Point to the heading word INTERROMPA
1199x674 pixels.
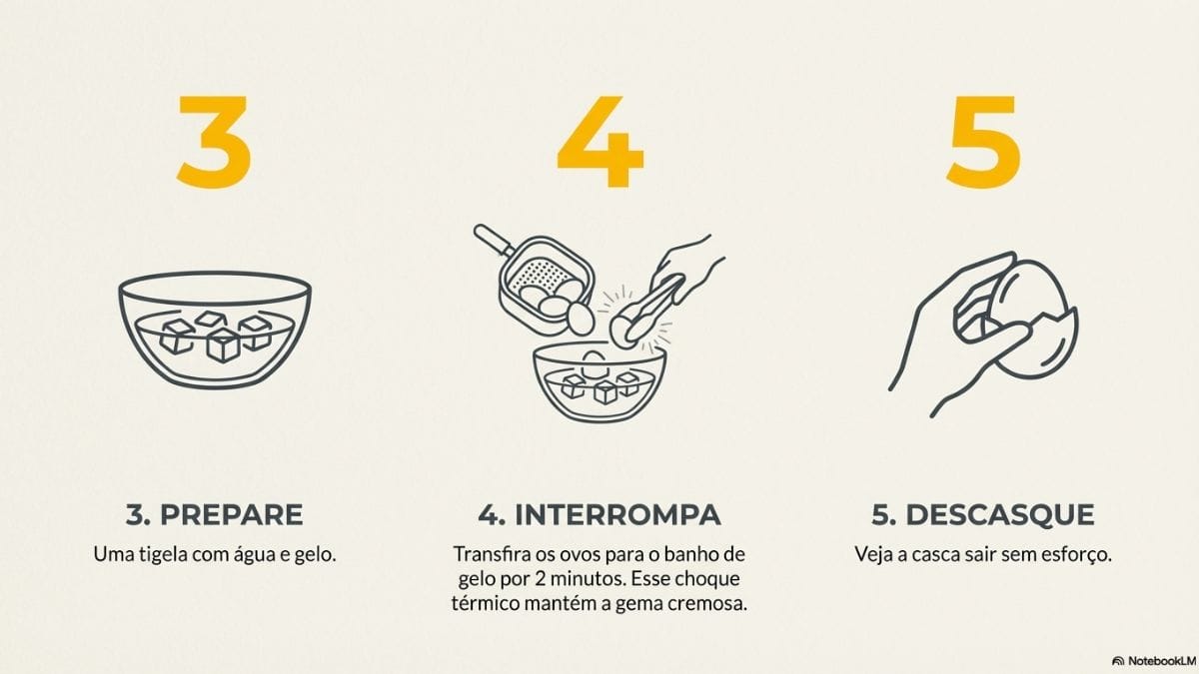click(x=617, y=515)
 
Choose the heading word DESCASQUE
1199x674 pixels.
click(x=1000, y=515)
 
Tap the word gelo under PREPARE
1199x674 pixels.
click(x=314, y=553)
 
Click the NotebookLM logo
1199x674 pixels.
click(x=1152, y=660)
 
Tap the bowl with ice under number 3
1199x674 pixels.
click(x=215, y=330)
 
